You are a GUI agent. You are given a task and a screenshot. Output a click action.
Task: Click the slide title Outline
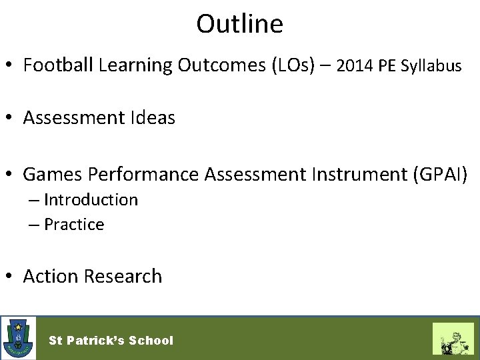point(239,24)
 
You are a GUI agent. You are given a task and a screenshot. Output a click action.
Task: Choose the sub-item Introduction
point(91,199)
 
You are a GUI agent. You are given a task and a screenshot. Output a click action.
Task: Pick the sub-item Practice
point(74,225)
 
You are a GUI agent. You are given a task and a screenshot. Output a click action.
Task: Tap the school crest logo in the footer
point(19,338)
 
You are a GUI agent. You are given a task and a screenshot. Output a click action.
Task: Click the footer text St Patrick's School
point(111,340)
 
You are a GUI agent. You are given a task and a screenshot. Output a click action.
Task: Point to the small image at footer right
point(453,338)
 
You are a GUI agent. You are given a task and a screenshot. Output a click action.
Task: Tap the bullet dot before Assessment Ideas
point(11,119)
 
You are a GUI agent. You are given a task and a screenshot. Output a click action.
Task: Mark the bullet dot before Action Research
point(11,277)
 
